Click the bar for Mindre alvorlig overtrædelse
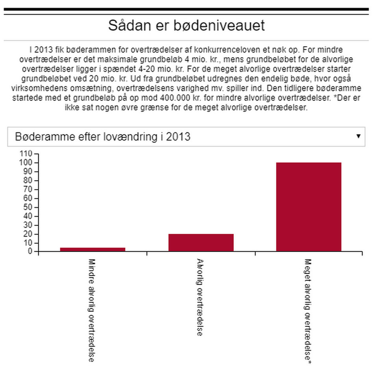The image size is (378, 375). (93, 249)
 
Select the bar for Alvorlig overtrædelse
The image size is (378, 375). (201, 243)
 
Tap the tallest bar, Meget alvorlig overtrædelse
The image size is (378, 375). (309, 207)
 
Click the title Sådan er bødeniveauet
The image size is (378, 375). (186, 26)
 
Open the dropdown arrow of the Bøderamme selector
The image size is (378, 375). (358, 136)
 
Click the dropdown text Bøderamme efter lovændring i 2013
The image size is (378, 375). (102, 137)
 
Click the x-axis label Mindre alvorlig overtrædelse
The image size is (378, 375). (92, 310)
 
